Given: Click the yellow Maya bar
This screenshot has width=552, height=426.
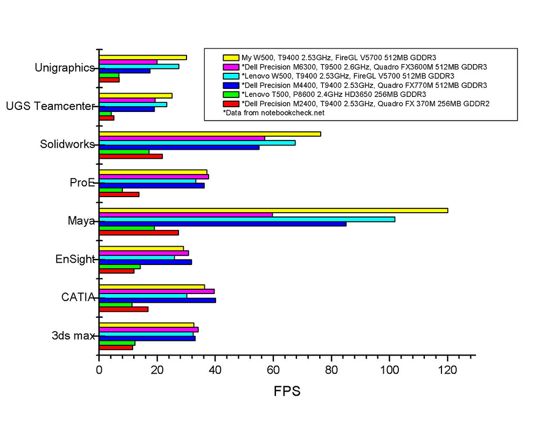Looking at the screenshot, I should (273, 210).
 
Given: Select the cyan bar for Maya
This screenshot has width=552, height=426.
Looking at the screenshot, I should (247, 219).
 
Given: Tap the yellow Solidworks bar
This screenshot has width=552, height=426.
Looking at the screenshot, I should (210, 134).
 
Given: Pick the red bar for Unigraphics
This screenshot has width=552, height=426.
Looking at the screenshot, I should (109, 80).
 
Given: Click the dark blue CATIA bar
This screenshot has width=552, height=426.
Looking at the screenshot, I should (157, 300).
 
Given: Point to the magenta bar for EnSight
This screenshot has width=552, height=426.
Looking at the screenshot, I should (144, 253).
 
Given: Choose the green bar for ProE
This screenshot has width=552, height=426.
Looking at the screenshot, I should (111, 190).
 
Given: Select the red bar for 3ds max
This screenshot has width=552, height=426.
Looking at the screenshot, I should (116, 347).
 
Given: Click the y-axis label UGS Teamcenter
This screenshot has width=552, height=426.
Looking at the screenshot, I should (51, 106).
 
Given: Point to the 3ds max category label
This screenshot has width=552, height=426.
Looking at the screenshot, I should (73, 336).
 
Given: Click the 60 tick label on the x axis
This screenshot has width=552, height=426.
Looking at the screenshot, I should (273, 371).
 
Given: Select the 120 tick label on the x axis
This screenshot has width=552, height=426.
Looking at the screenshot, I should (447, 371).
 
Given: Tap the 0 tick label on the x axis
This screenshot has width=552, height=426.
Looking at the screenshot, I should (99, 371).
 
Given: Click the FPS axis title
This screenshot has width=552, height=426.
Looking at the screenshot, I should (287, 391).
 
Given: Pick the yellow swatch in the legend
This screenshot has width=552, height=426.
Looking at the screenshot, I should (231, 57).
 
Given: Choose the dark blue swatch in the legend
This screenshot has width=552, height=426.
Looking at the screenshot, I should (231, 85).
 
